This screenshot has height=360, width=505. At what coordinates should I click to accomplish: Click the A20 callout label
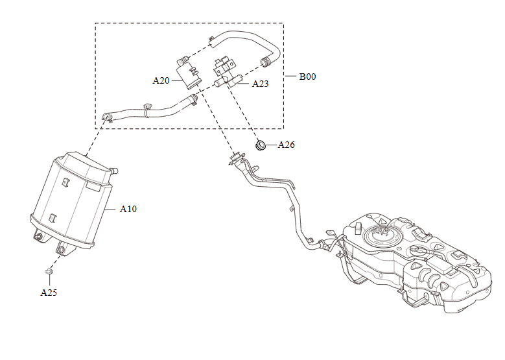point(161,81)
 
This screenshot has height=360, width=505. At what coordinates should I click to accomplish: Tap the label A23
point(260,84)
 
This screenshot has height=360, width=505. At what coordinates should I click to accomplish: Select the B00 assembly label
point(307,77)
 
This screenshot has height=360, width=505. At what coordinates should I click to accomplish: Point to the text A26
point(286,145)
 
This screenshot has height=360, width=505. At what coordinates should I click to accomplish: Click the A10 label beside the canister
point(128,210)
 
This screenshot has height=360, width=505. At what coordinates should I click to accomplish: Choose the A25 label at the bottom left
point(49,293)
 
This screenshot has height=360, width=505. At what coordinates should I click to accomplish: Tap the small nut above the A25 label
point(49,270)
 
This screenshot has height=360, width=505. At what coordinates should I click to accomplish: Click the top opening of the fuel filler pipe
point(235,158)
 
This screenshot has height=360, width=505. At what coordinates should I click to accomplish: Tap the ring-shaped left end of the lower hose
point(107,117)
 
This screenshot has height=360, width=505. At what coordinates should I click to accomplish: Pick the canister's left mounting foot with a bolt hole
point(38,237)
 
